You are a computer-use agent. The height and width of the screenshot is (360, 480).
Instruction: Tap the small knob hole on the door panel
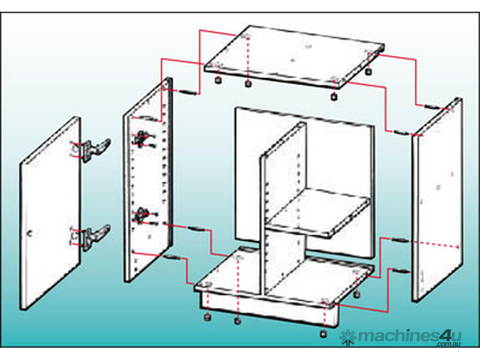click(30, 234)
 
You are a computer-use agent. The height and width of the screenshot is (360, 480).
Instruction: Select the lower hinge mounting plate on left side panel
click(142, 215)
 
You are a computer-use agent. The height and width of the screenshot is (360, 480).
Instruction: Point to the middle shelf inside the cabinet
click(318, 212)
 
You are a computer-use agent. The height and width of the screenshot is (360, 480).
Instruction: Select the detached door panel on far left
click(50, 213)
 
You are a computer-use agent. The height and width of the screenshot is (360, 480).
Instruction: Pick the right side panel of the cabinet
click(437, 200)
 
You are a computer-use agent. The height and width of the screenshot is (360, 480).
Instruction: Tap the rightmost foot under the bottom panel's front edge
click(323, 334)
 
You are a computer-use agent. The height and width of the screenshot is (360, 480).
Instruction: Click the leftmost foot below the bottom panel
click(207, 317)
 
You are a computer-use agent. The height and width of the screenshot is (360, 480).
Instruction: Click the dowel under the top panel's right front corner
click(333, 97)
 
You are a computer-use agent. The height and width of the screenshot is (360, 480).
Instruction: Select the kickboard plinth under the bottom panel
click(270, 310)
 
